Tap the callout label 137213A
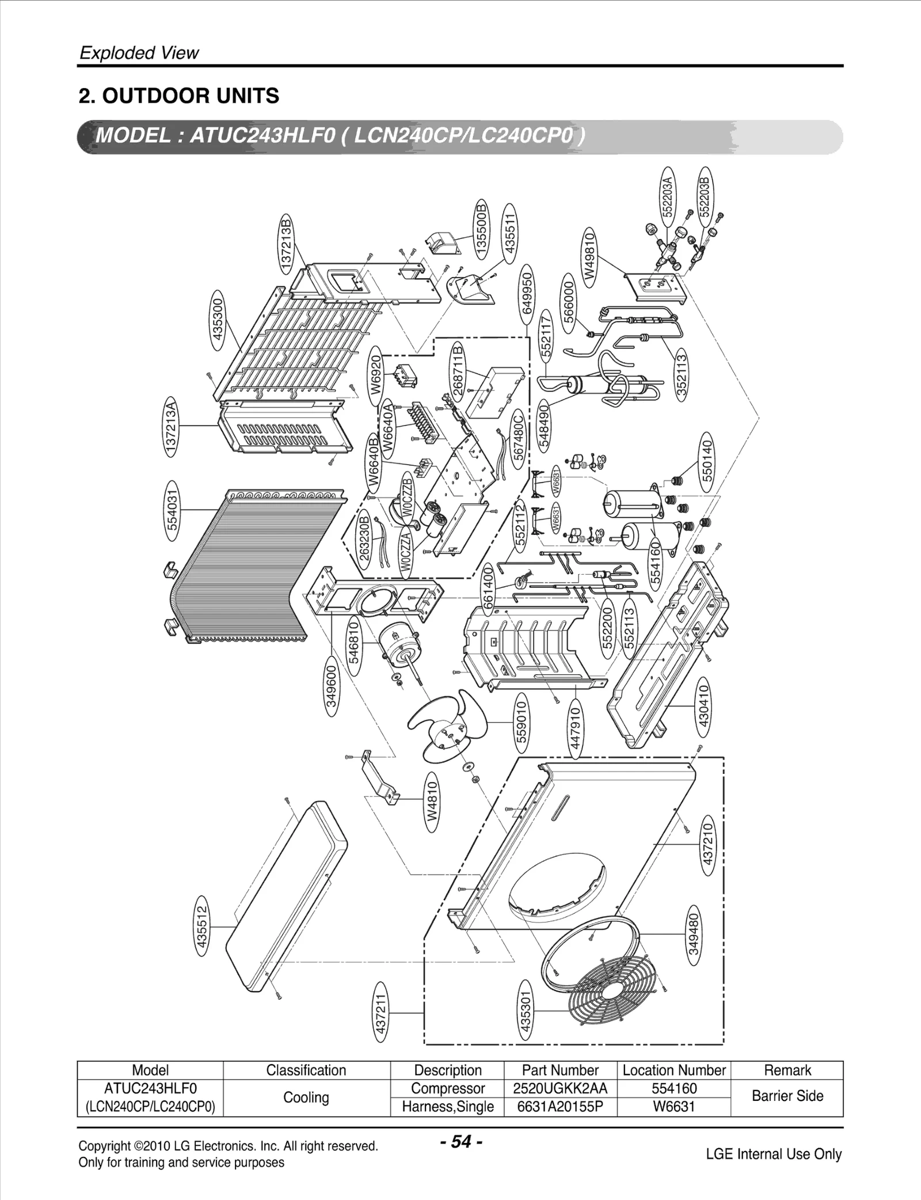[171, 426]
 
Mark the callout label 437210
[707, 843]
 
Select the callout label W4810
[433, 802]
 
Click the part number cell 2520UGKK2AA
[560, 1088]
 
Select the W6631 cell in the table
[673, 1106]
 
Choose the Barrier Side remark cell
[787, 1097]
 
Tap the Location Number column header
[673, 1070]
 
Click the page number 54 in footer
[461, 1141]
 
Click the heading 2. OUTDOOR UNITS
[179, 96]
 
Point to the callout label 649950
[527, 291]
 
